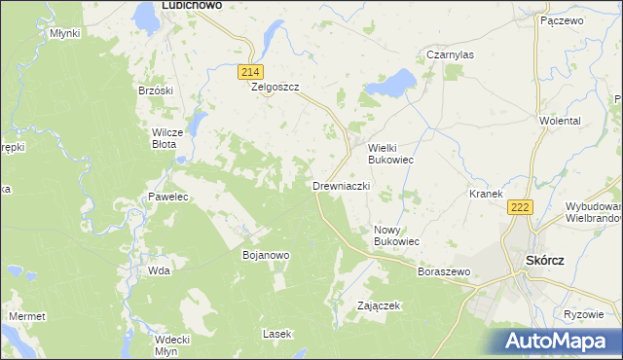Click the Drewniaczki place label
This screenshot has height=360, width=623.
click(x=342, y=185)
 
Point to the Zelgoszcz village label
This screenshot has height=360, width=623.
click(x=275, y=87)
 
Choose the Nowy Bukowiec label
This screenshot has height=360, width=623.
click(x=396, y=235)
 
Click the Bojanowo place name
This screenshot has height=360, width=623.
click(x=266, y=255)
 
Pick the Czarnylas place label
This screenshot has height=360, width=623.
click(x=450, y=55)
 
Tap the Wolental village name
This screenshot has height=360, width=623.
click(x=560, y=121)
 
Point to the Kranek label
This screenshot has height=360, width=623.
click(x=485, y=194)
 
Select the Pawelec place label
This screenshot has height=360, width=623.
click(x=167, y=197)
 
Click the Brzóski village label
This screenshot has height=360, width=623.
click(x=156, y=90)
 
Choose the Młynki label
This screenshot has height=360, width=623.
click(x=64, y=32)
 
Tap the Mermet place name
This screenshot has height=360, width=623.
click(x=26, y=317)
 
